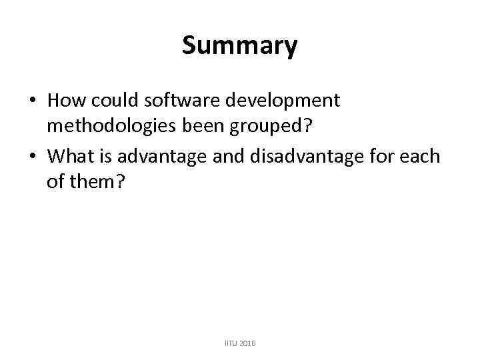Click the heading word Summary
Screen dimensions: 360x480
coord(239,46)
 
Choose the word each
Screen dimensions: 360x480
coord(421,156)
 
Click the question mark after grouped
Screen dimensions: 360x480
coord(309,128)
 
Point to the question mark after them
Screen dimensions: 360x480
coord(119,183)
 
